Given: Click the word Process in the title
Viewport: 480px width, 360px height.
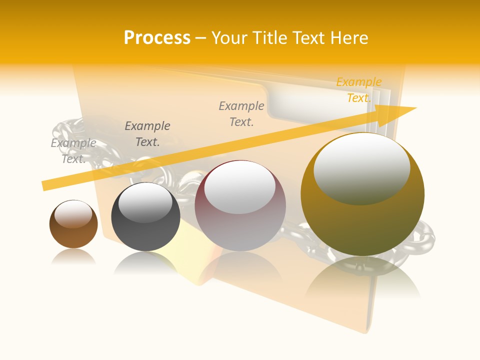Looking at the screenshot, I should tap(157, 38).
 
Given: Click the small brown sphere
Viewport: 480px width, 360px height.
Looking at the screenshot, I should tap(73, 224).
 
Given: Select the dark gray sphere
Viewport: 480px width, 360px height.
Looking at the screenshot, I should tap(145, 217).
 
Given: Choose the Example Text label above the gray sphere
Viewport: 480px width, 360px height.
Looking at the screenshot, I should tap(147, 134).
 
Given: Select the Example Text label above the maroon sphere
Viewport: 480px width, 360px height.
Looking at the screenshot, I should tap(241, 113).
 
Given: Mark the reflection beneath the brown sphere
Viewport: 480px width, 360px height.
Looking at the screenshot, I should tap(73, 257).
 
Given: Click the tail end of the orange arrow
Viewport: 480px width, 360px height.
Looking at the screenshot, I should tap(45, 185).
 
